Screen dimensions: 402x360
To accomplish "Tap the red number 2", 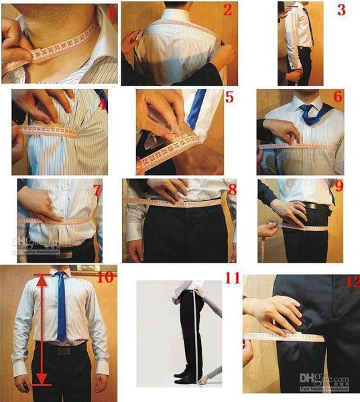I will tap(227, 9).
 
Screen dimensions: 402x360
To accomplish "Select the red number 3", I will tap(341, 9).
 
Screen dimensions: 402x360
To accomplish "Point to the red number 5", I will tap(229, 98).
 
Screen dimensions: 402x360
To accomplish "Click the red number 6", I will tap(337, 97).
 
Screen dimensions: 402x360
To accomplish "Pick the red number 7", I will tap(97, 190).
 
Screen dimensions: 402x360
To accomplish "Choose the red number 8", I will tap(232, 190).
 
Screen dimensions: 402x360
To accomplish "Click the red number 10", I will tap(105, 277).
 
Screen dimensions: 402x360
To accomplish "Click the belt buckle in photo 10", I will tap(62, 350).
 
